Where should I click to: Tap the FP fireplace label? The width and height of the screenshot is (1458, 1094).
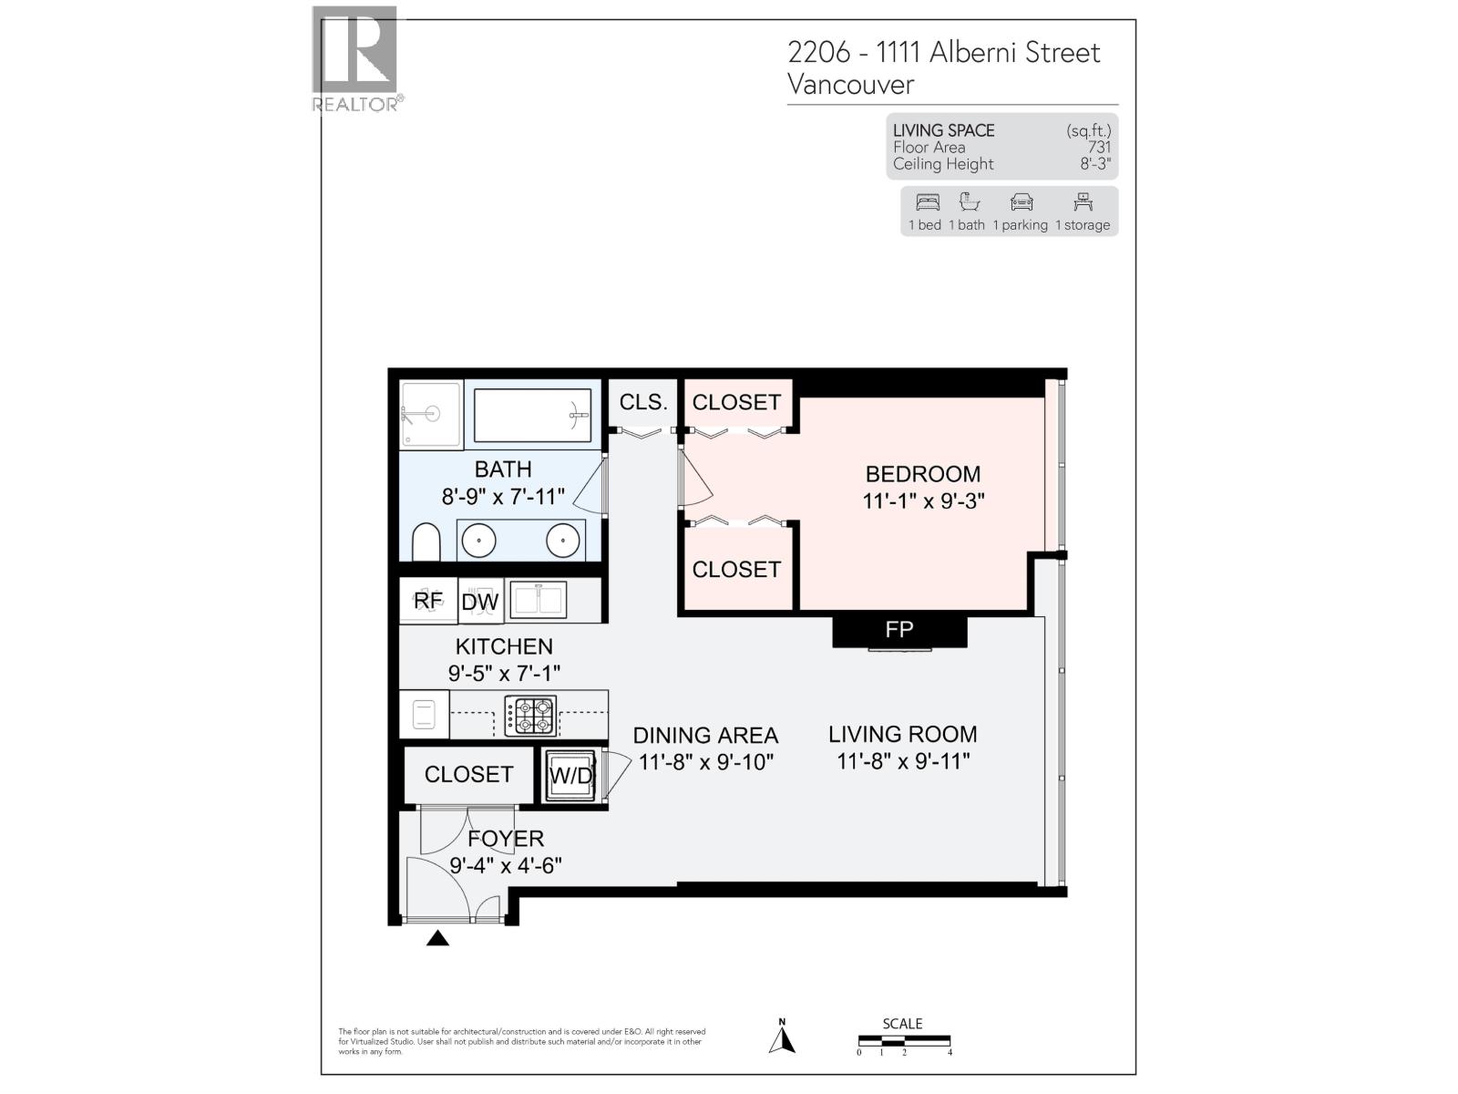(x=898, y=629)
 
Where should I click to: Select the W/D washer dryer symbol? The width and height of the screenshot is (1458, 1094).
(x=570, y=776)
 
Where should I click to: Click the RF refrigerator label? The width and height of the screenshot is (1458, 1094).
(x=428, y=601)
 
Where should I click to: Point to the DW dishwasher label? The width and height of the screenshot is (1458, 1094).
(x=480, y=602)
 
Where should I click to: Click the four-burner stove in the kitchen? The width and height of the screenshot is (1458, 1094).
(x=530, y=716)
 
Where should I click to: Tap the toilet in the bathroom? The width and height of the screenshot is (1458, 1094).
(x=426, y=542)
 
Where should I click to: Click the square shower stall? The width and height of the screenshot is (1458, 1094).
(x=431, y=416)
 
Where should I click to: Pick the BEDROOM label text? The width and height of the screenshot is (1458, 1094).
(x=922, y=474)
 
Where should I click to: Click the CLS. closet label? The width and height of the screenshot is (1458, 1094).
(x=643, y=402)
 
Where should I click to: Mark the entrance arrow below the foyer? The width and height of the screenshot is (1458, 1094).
(x=437, y=937)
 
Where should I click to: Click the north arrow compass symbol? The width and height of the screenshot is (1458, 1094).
(x=782, y=1038)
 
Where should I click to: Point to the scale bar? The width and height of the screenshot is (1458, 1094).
(x=904, y=1040)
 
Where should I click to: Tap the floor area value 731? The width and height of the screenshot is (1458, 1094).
(x=1099, y=147)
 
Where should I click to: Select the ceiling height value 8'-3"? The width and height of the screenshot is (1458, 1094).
(x=1095, y=164)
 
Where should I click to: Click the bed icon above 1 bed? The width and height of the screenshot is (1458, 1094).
(x=928, y=202)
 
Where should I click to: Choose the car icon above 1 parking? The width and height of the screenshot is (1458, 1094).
(x=1022, y=202)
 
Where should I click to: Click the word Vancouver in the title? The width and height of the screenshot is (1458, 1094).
(x=850, y=85)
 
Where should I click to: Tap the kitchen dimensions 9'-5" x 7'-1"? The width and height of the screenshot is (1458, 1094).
(x=504, y=674)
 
